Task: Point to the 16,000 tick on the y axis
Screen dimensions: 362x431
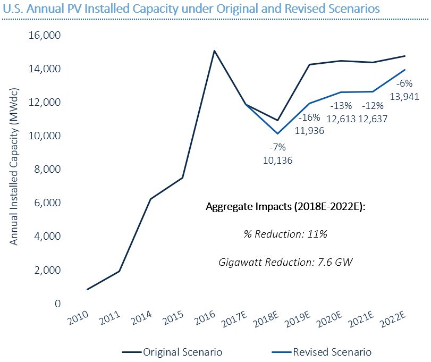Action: click(48, 36)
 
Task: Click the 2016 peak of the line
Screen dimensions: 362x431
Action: click(214, 51)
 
